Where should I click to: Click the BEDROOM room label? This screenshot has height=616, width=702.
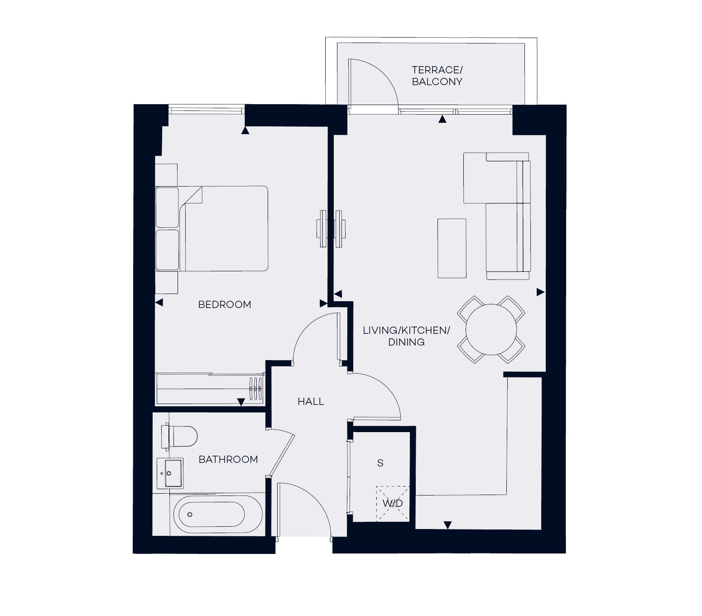pyautogui.click(x=225, y=305)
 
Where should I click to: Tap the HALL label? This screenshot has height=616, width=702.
pyautogui.click(x=311, y=402)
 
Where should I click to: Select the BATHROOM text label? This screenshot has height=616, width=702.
pyautogui.click(x=228, y=460)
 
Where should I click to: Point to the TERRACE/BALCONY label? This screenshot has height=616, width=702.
pyautogui.click(x=437, y=76)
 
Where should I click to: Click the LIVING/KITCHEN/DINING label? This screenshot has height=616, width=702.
pyautogui.click(x=406, y=337)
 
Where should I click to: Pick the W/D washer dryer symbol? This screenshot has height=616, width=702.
pyautogui.click(x=393, y=503)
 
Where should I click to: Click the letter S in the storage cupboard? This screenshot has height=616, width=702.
pyautogui.click(x=380, y=463)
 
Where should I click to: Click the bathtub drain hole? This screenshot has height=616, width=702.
pyautogui.click(x=190, y=515)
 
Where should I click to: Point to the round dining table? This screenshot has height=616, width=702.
pyautogui.click(x=491, y=329)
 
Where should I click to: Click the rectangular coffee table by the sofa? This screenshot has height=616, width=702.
pyautogui.click(x=452, y=248)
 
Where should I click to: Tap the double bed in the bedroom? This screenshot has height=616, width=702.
pyautogui.click(x=222, y=229)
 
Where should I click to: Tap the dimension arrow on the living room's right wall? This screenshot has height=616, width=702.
pyautogui.click(x=540, y=293)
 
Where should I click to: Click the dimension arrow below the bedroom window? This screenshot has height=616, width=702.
pyautogui.click(x=245, y=131)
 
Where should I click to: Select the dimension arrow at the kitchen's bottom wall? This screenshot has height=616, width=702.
pyautogui.click(x=447, y=525)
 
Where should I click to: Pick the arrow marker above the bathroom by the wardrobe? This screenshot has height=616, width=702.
pyautogui.click(x=241, y=402)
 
